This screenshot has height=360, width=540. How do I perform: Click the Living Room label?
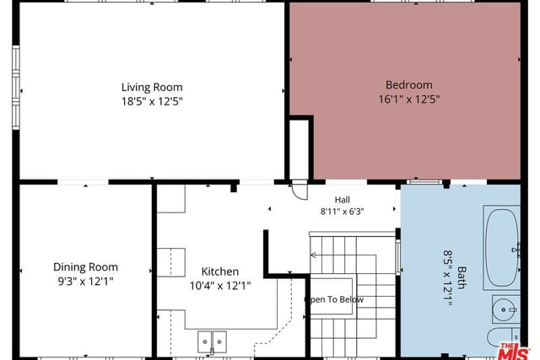152,88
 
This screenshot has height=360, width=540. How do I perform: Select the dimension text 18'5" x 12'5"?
152,101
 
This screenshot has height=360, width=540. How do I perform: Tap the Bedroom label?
408,84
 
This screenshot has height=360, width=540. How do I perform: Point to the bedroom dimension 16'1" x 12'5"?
409,99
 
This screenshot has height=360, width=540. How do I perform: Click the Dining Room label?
86,266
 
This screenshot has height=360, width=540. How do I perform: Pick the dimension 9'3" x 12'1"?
86,282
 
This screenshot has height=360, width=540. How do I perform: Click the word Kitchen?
220,271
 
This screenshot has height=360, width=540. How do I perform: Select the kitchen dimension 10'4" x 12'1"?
220,286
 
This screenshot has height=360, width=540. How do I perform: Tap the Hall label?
343,200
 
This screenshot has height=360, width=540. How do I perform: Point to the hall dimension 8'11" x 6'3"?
343,211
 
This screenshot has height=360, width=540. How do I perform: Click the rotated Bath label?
462,277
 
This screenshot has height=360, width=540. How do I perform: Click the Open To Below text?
334,299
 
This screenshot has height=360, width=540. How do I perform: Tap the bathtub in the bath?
502,248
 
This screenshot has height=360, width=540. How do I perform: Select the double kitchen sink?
212,341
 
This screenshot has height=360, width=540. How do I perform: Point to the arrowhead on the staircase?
313,255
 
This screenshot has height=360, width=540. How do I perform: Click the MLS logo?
514,351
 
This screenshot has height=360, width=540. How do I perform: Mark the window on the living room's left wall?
16,88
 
